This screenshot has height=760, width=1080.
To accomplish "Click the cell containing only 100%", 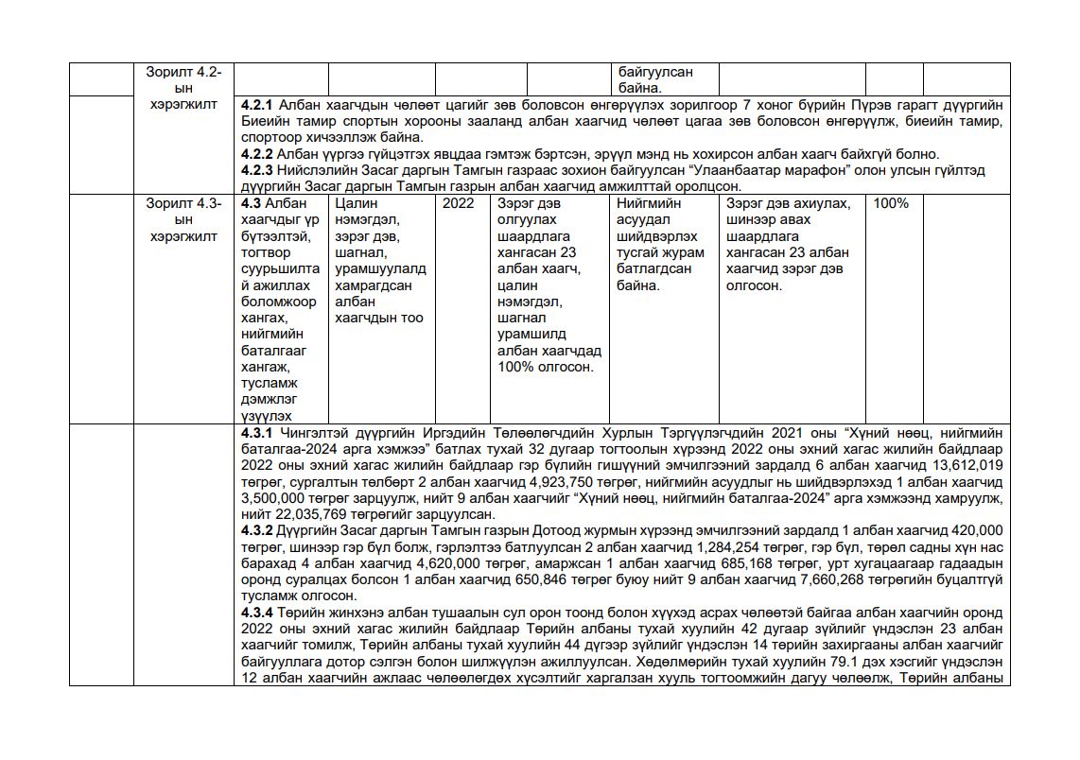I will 891,204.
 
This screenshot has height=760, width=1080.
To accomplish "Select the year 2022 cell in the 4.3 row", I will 459,204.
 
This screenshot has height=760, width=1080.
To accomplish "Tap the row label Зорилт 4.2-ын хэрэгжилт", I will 183,88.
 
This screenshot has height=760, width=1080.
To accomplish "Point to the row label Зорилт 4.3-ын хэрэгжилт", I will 183,220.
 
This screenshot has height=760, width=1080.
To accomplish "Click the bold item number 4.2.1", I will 257,104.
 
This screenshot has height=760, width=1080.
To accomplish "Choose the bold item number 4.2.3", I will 257,170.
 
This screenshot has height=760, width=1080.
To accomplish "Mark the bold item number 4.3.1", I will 257,433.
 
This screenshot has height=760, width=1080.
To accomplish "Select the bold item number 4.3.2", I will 257,531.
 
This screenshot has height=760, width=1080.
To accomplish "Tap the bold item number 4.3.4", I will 257,613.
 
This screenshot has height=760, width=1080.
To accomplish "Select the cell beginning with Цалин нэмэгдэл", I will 380,261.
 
